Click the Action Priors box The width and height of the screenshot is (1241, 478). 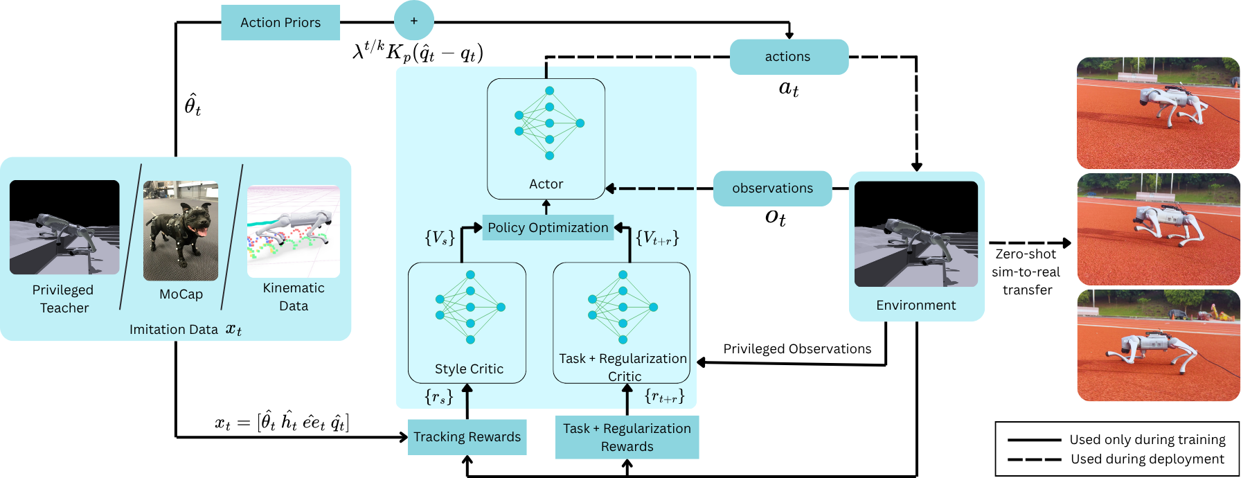280,23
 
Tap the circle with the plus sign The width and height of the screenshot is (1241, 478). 414,21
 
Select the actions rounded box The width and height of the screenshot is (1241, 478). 789,57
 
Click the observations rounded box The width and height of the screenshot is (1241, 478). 772,188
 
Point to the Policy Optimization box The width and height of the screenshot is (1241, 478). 548,228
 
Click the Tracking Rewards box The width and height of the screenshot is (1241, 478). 467,437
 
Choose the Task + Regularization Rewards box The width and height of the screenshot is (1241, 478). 627,437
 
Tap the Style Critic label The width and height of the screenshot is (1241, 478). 469,369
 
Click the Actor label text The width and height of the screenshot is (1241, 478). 546,184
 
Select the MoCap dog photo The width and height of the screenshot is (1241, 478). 181,231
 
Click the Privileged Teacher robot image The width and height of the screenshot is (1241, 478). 64,227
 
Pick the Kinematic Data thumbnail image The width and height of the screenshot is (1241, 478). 294,231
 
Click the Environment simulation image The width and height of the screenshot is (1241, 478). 916,234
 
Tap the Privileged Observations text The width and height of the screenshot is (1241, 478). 797,349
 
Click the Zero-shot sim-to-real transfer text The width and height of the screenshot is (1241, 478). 1026,272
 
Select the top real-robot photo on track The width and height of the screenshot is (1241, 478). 1158,113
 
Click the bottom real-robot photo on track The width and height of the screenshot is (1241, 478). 1158,346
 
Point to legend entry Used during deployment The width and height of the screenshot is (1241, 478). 1147,459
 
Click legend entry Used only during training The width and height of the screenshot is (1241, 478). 1147,440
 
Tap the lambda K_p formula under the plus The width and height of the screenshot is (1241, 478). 418,52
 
